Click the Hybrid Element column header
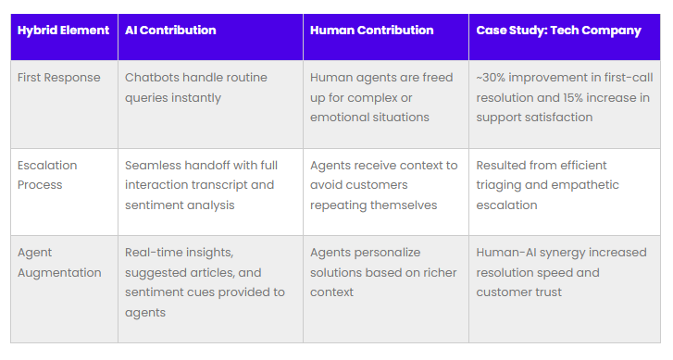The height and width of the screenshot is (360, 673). coord(63,31)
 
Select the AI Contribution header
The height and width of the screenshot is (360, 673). coord(170,31)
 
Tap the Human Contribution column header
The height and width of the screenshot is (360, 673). coord(371,31)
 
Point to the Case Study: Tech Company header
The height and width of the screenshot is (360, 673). coord(558,31)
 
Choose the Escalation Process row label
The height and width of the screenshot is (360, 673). coord(47,175)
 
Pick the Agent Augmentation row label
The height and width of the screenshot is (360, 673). coord(59,263)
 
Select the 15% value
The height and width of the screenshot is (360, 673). coord(574,97)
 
